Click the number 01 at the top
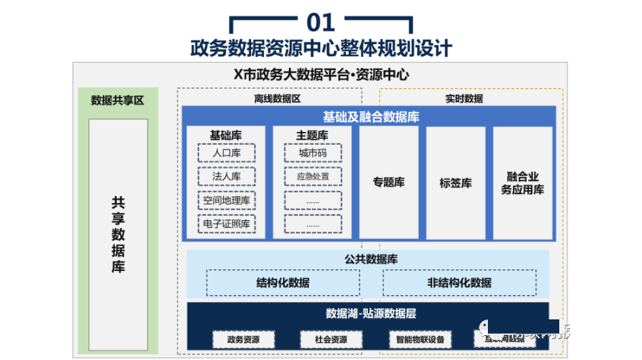(321, 22)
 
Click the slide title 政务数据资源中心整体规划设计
(321, 48)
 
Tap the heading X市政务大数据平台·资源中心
(321, 74)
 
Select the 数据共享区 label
(118, 101)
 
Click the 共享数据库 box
(118, 235)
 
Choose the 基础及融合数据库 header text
(370, 117)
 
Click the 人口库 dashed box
(226, 153)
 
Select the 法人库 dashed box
(226, 177)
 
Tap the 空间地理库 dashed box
(226, 200)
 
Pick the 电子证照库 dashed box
(226, 224)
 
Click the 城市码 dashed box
(312, 153)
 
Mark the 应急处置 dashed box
(312, 177)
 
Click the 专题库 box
(388, 182)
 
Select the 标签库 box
(455, 182)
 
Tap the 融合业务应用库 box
(522, 182)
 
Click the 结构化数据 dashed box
(283, 283)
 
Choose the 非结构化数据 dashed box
(459, 283)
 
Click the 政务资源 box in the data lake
(243, 339)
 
